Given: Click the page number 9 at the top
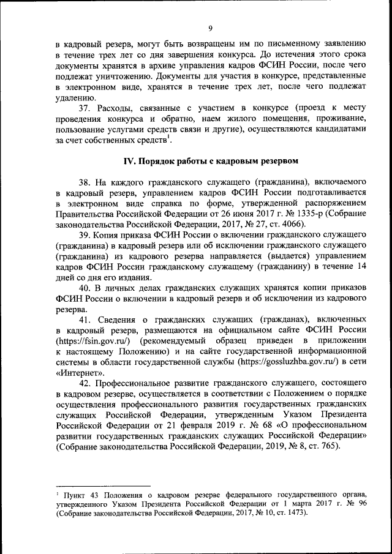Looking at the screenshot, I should (x=209, y=28).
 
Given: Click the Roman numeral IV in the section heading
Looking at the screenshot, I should (x=130, y=161).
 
